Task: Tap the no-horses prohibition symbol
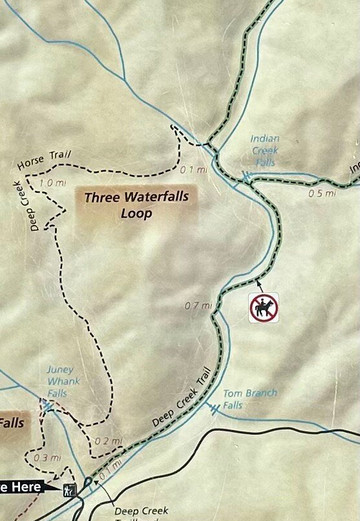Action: click(264, 307)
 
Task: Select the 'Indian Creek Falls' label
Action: click(265, 152)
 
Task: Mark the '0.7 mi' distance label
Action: click(198, 305)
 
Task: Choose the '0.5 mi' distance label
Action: click(322, 193)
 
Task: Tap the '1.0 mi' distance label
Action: click(52, 183)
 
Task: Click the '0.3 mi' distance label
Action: click(46, 458)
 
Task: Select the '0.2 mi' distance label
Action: click(108, 441)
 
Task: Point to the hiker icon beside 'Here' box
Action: click(69, 489)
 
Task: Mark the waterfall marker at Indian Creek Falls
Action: click(245, 178)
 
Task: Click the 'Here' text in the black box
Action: click(28, 487)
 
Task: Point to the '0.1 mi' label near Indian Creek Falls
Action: click(194, 170)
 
